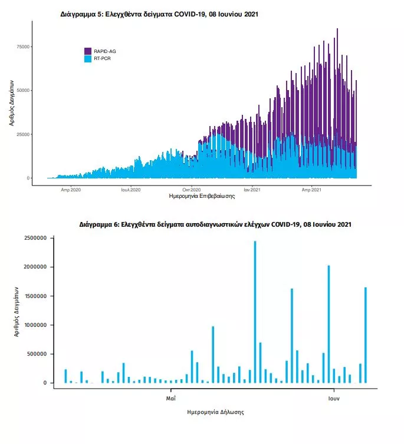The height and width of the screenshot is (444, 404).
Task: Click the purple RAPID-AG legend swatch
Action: click(88, 51)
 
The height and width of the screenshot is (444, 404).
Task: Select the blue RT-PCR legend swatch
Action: click(88, 59)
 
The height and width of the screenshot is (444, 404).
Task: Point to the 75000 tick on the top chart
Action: click(23, 47)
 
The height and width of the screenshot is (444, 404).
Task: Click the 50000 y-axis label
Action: click(23, 90)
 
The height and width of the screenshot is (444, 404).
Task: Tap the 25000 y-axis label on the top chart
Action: click(23, 134)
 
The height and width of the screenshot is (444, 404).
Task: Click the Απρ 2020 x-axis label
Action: click(71, 190)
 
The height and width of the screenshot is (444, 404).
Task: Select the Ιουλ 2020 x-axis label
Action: click(131, 190)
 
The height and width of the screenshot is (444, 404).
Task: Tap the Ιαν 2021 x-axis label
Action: click(252, 190)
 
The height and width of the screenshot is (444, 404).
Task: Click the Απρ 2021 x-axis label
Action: click(311, 190)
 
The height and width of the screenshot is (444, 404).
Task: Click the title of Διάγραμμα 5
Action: click(159, 13)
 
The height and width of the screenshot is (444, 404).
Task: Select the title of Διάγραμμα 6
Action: click(215, 225)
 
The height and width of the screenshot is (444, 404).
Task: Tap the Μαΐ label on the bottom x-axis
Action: click(170, 398)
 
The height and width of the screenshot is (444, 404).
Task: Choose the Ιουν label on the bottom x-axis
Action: click(334, 398)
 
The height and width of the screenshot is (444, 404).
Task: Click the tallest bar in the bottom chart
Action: click(255, 312)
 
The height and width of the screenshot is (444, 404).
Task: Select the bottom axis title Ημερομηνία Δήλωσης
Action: click(215, 412)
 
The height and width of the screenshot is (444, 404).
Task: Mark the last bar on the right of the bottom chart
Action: click(366, 335)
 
